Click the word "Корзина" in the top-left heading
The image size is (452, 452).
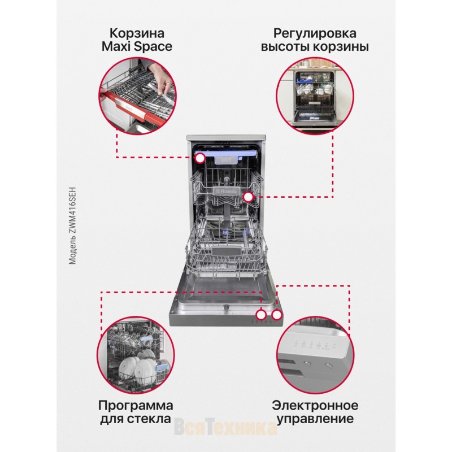137,33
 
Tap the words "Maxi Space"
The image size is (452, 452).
137,47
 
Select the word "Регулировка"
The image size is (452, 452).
315,34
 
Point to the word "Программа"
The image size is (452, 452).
136,406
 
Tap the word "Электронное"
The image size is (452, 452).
315,406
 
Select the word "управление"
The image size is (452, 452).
315,419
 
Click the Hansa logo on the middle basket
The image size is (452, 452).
227,192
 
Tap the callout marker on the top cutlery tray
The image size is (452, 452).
200,158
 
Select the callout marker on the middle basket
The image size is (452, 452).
248,197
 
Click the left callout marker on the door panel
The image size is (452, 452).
262,315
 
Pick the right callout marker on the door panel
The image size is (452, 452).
277,315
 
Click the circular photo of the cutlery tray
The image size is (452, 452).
137,96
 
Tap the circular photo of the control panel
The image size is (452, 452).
315,355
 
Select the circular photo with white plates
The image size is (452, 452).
136,355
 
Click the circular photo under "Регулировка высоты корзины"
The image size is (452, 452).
315,96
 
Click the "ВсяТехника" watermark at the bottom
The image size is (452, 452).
225,427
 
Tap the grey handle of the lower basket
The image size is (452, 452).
226,250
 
